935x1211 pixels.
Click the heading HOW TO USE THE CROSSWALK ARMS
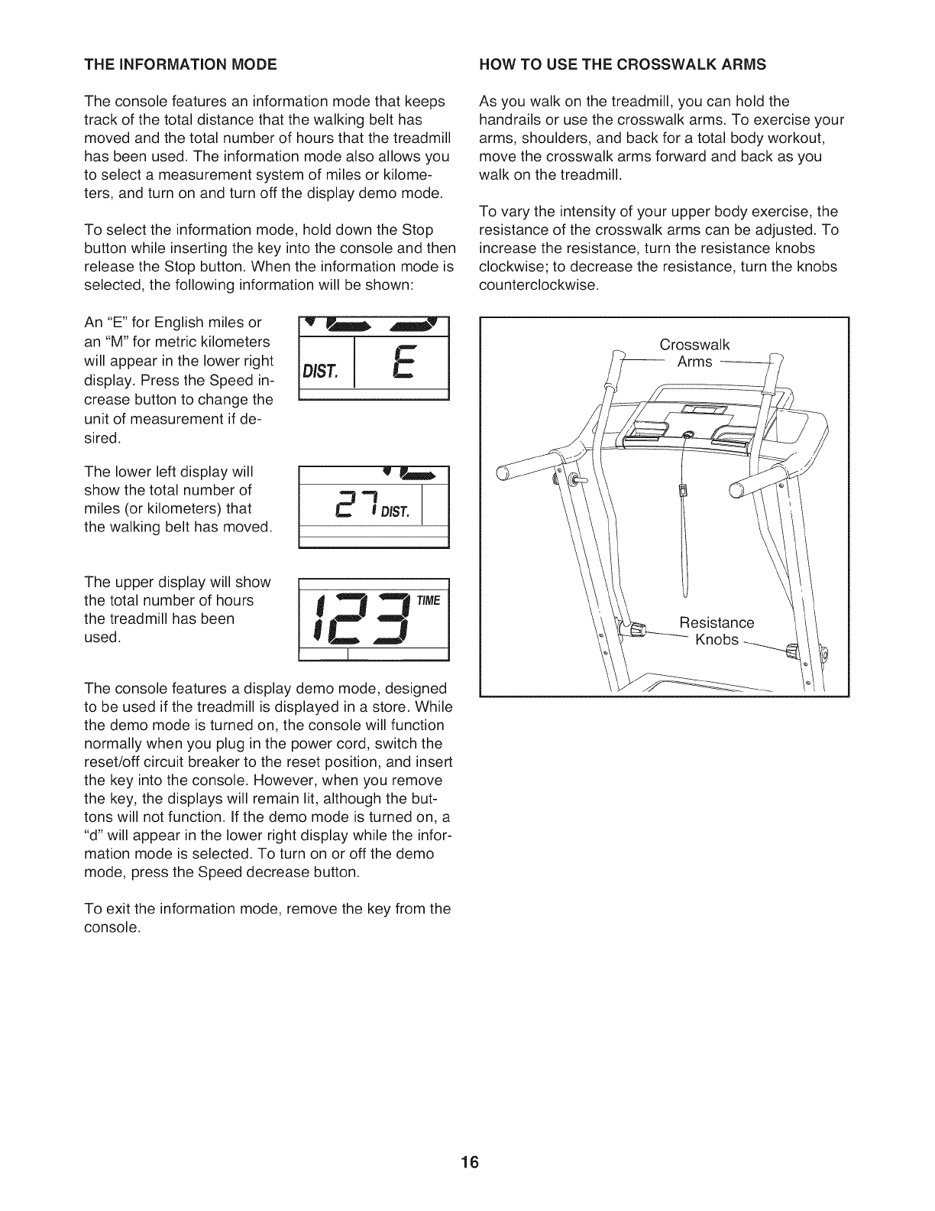pyautogui.click(x=622, y=63)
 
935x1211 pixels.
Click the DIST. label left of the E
pyautogui.click(x=321, y=372)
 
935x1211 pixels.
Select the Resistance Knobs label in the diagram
pyautogui.click(x=716, y=630)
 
